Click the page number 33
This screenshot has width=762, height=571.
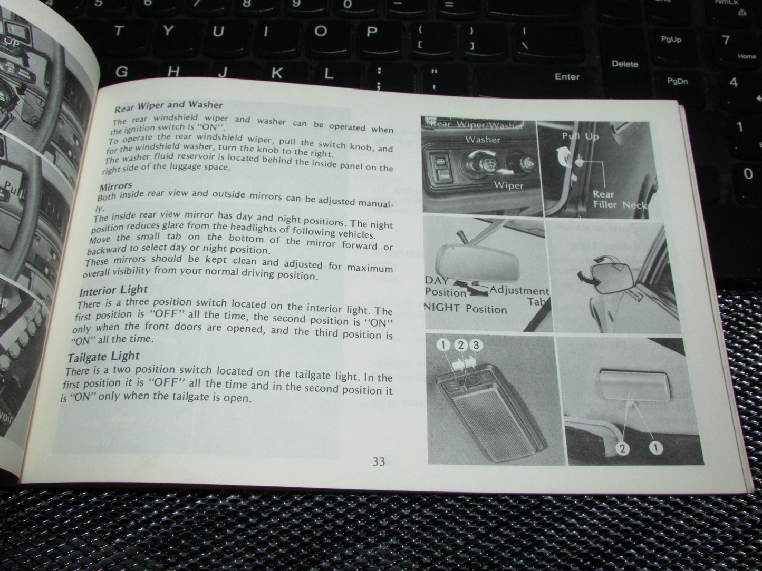click(379, 462)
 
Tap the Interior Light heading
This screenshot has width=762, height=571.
click(113, 291)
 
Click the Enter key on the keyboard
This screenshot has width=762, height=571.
click(567, 77)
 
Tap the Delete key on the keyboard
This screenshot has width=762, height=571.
click(625, 64)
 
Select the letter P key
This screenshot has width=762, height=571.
click(372, 32)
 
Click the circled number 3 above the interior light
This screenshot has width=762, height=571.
click(476, 346)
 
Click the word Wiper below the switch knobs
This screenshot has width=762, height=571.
click(508, 185)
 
